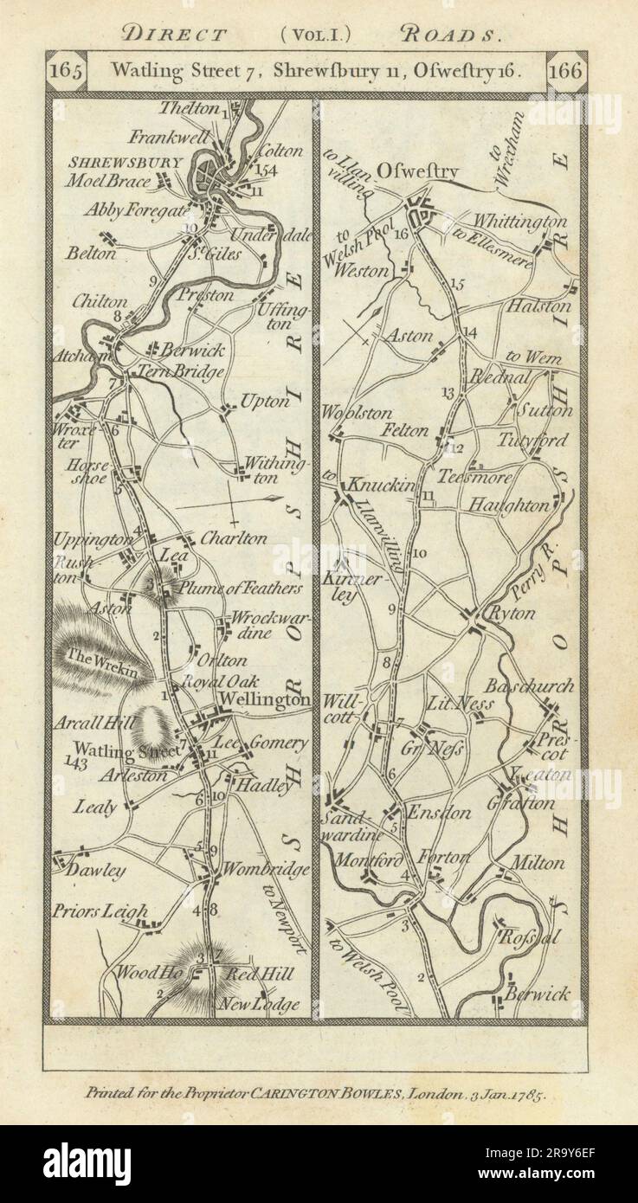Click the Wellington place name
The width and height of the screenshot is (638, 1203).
point(266,698)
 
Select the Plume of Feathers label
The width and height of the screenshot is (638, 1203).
point(241,589)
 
